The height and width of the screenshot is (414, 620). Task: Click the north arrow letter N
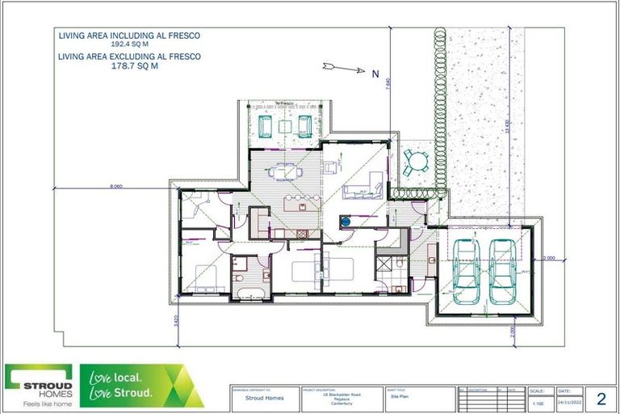point(375,74)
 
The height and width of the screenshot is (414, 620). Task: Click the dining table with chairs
point(284,171)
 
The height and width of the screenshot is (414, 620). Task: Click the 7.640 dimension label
point(388,84)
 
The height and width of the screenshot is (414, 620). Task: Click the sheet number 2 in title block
point(601,398)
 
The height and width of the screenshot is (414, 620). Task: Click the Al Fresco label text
point(284,104)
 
